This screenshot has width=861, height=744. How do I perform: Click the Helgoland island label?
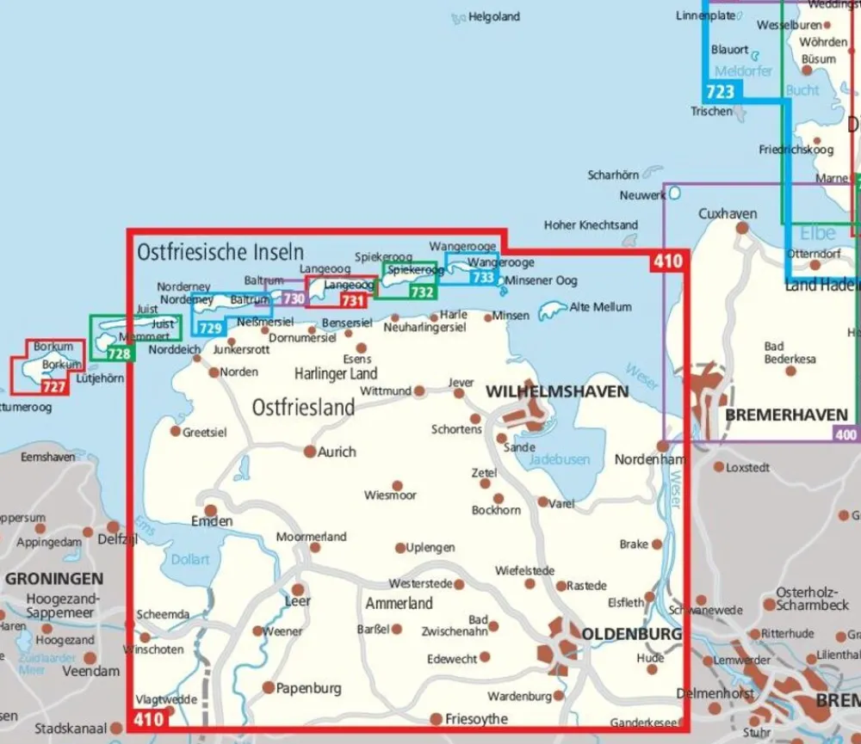(x=494, y=16)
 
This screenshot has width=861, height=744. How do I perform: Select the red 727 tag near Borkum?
(x=53, y=387)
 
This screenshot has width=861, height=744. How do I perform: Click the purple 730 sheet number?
(x=294, y=298)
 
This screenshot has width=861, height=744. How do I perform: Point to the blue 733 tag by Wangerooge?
(x=483, y=278)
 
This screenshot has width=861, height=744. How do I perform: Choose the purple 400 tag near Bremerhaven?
(x=846, y=435)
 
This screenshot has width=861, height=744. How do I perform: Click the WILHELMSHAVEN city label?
(x=557, y=391)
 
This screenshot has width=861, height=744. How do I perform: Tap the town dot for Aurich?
(x=310, y=451)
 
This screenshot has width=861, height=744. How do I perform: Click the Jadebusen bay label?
(x=550, y=459)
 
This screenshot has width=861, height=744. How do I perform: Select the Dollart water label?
(x=190, y=559)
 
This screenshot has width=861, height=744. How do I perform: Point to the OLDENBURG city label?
(x=632, y=634)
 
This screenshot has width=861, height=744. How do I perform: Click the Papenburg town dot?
(x=269, y=687)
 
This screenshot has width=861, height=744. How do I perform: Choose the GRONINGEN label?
(x=53, y=579)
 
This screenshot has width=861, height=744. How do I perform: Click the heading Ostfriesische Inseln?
(x=220, y=252)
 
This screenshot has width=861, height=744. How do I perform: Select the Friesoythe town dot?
(x=437, y=719)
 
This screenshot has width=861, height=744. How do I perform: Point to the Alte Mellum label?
(x=600, y=306)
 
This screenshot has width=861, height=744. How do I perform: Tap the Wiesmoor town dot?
(x=397, y=486)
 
